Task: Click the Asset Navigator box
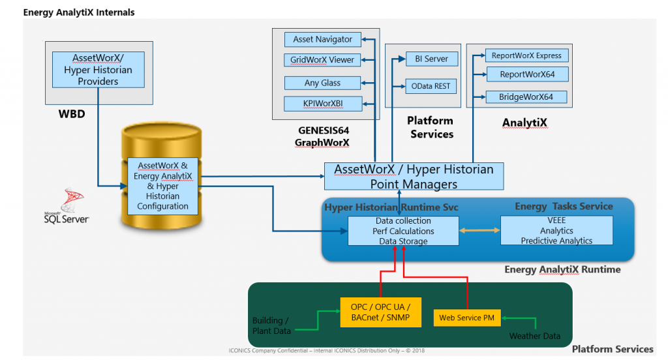(x=322, y=39)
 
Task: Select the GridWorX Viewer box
(x=322, y=60)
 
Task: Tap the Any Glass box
(x=322, y=83)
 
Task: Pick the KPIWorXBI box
(x=322, y=104)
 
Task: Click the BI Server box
(x=431, y=59)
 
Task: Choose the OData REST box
(x=431, y=85)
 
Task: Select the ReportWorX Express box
(x=526, y=55)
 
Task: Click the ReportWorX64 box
(x=526, y=74)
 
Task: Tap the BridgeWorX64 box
(x=526, y=97)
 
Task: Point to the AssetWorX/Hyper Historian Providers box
(x=98, y=70)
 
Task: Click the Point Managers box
(x=414, y=176)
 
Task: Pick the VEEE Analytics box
(x=556, y=231)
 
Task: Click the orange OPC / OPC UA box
(x=380, y=312)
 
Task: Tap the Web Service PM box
(x=466, y=318)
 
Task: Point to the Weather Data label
(x=534, y=336)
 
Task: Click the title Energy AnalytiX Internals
(x=79, y=12)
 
